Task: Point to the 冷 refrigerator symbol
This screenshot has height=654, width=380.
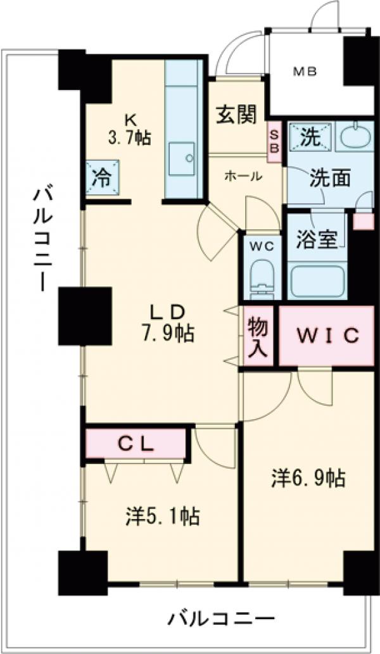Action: pos(101,177)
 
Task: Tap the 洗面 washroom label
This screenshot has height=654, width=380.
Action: pos(329,179)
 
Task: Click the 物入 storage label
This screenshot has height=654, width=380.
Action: pos(258,337)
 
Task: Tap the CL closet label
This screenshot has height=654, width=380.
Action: pos(136,444)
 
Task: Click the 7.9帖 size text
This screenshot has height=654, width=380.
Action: pos(167,332)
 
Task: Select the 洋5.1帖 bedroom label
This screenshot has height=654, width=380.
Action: pos(162,517)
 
